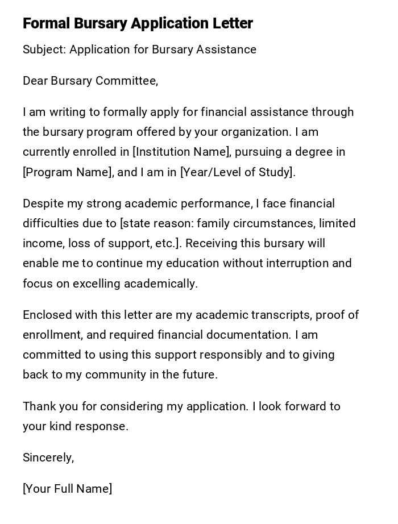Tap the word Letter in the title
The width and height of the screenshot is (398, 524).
[x=233, y=23]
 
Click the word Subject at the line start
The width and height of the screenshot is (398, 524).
[x=44, y=50]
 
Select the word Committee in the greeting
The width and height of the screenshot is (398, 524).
[x=128, y=81]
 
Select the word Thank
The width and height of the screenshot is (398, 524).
[x=38, y=406]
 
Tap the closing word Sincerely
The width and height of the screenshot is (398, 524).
[x=48, y=458]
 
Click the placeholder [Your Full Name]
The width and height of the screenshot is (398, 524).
[x=68, y=489]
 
